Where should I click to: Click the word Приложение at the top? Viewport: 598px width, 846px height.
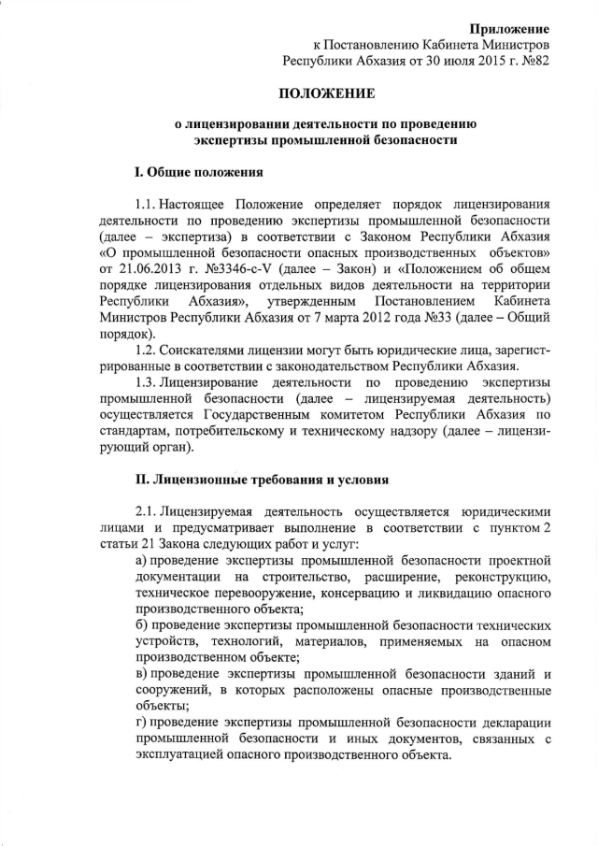point(509,30)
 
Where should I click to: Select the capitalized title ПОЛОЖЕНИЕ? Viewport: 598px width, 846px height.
point(327,93)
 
